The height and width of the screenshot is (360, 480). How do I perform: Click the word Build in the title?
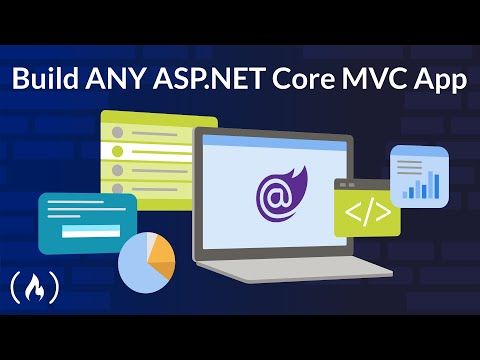pos(46,80)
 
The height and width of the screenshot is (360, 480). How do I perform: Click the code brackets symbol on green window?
pos(366,214)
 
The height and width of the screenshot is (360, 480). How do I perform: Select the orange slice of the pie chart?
pos(157,257)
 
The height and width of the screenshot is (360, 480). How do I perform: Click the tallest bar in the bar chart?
pos(434,184)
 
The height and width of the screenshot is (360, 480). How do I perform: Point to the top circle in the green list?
pos(117,130)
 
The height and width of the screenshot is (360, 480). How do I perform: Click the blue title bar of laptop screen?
pos(273,144)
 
